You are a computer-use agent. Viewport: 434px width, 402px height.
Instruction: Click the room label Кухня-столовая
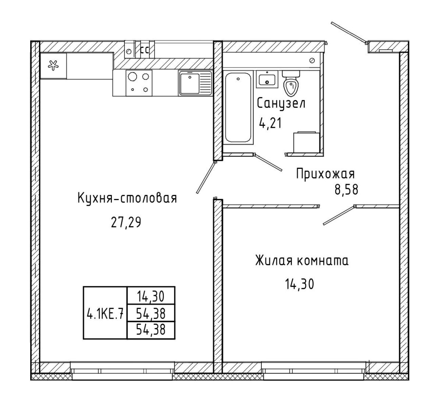(x=127, y=198)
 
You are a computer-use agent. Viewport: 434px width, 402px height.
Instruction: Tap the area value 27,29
(x=126, y=222)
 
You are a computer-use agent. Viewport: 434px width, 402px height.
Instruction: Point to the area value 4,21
(x=270, y=123)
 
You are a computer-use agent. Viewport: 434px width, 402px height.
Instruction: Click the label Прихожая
(x=325, y=174)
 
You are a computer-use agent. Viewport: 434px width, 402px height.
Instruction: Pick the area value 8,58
(x=347, y=189)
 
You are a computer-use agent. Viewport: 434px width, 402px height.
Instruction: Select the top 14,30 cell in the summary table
(x=151, y=297)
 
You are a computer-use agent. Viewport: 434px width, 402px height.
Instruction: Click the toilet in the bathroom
(x=291, y=83)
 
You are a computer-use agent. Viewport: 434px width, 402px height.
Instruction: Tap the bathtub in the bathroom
(x=238, y=107)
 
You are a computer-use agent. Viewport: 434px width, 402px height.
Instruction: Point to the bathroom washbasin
(x=267, y=79)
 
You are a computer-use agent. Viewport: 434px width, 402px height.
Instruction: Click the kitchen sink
(x=195, y=83)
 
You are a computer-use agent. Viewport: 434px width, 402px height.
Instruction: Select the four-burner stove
(x=139, y=83)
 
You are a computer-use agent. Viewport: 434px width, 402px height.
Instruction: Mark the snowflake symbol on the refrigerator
(x=53, y=65)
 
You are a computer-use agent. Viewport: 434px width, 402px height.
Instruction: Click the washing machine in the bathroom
(x=306, y=142)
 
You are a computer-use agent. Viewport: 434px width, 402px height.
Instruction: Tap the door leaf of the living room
(x=339, y=215)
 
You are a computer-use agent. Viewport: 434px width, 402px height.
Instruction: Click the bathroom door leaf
(x=268, y=162)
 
